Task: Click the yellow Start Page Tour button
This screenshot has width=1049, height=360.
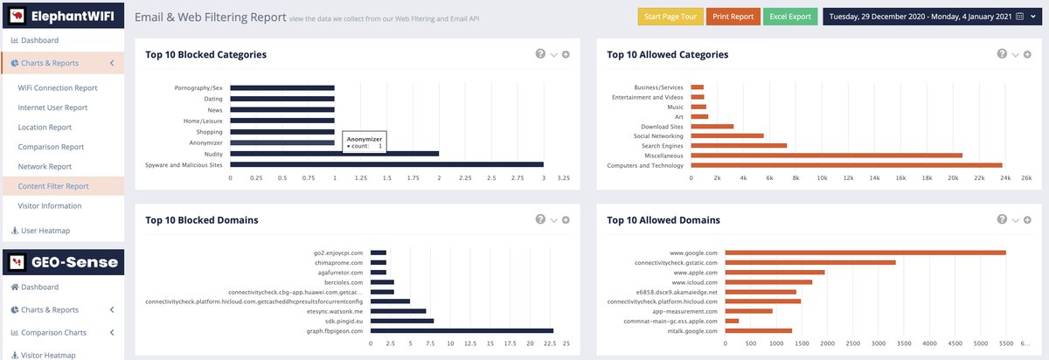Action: click(x=670, y=17)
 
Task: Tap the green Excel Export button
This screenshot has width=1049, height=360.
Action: click(x=790, y=17)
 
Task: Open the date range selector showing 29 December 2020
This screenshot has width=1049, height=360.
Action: click(x=932, y=17)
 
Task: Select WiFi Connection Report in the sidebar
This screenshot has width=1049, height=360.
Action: click(x=58, y=87)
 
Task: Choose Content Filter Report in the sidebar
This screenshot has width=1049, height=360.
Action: click(x=53, y=186)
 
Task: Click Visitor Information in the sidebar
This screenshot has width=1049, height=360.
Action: click(x=50, y=205)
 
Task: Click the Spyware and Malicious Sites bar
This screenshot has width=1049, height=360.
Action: click(x=386, y=165)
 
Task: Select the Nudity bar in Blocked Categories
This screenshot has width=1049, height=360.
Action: click(x=334, y=154)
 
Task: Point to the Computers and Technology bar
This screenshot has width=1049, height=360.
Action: click(x=847, y=165)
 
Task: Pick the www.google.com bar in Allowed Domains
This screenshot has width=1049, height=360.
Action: click(x=865, y=253)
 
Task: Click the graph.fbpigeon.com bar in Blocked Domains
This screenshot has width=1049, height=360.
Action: click(x=462, y=331)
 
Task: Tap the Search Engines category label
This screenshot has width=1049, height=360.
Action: click(x=663, y=146)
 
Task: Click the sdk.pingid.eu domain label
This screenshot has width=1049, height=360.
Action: click(x=344, y=322)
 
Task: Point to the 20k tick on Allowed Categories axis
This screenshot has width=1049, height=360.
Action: click(x=953, y=178)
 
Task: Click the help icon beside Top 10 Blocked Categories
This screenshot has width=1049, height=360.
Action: click(x=540, y=54)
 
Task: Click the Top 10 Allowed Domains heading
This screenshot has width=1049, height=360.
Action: click(x=663, y=220)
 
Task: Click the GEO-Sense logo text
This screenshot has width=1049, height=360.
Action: click(x=74, y=262)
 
